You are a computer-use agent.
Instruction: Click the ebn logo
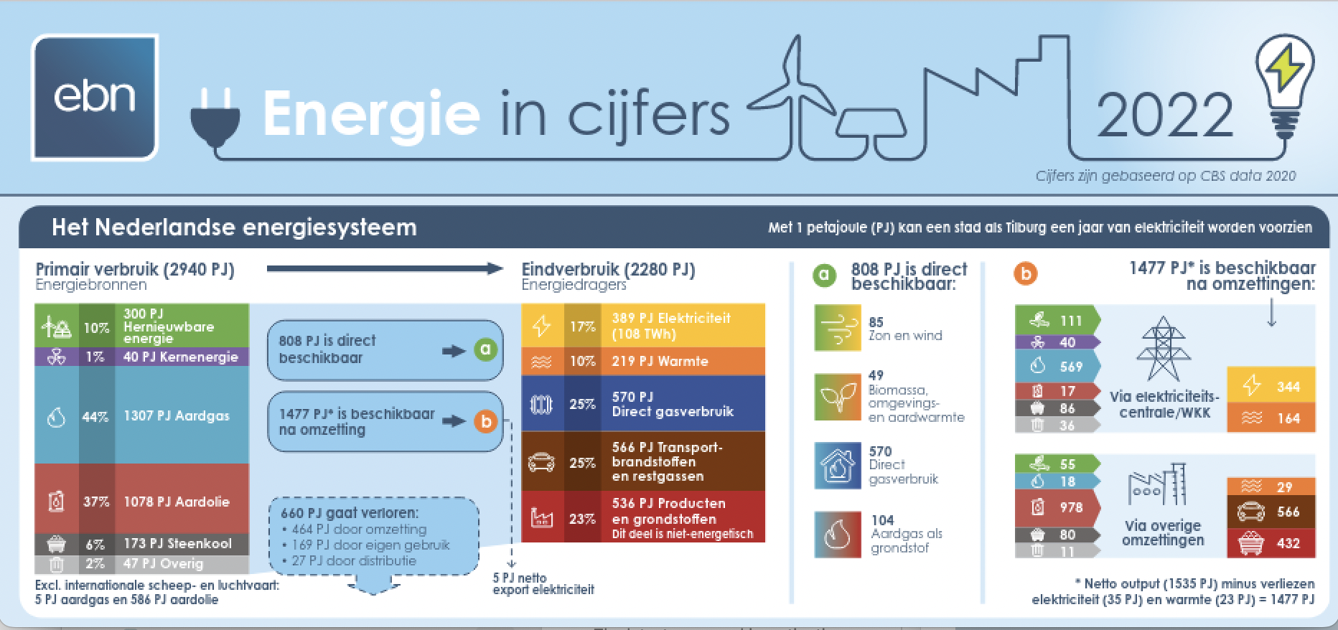click(x=95, y=98)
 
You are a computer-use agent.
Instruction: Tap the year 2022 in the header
click(x=1164, y=116)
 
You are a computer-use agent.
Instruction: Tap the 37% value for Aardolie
click(x=96, y=502)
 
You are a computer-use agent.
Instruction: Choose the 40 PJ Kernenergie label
click(x=180, y=357)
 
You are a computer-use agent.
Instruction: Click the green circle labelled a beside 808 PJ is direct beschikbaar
click(x=485, y=350)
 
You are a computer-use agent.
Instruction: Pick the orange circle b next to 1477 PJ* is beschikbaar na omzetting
click(x=485, y=421)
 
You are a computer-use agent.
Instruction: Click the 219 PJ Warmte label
click(x=660, y=361)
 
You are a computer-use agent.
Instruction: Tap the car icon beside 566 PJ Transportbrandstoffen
click(x=541, y=462)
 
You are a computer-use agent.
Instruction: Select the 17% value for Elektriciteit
click(x=582, y=326)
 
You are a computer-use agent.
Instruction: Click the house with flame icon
click(x=838, y=466)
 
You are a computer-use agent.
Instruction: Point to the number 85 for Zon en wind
click(x=876, y=322)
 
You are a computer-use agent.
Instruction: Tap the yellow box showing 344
click(x=1271, y=387)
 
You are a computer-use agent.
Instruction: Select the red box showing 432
click(x=1271, y=543)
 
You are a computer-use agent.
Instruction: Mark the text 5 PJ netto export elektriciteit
click(x=543, y=583)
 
